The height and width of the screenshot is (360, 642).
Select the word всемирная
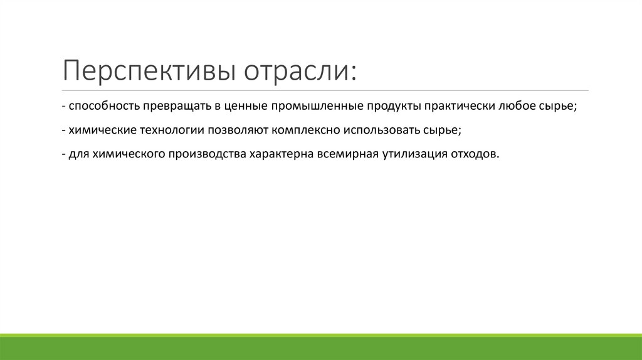(x=348, y=154)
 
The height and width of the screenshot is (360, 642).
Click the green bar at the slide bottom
(x=321, y=348)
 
